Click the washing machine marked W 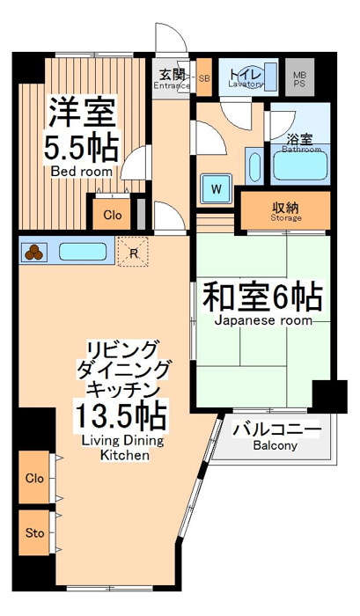[x=216, y=188]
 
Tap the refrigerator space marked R [x=133, y=252]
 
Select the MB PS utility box [x=299, y=77]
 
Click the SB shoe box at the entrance [x=204, y=77]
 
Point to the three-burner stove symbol [x=33, y=253]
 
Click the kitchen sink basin [x=83, y=252]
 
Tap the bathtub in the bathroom [x=300, y=165]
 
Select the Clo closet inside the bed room [x=112, y=215]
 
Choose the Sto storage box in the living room [x=34, y=532]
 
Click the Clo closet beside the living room [x=34, y=477]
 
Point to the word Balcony [x=275, y=446]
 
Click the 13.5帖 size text [x=121, y=415]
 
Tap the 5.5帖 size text [x=81, y=148]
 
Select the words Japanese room [x=263, y=320]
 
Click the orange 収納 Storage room [x=286, y=210]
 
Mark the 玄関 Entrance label [x=172, y=79]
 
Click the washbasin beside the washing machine [x=254, y=165]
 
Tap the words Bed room [x=82, y=172]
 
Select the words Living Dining [x=122, y=441]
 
